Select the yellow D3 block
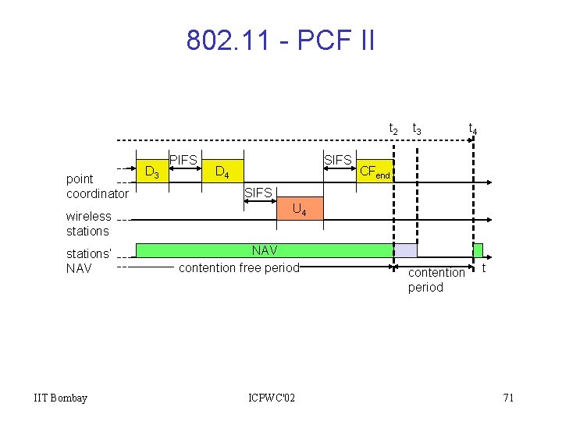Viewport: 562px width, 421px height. (153, 171)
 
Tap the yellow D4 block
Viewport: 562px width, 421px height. (222, 171)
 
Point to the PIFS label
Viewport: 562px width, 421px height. (183, 160)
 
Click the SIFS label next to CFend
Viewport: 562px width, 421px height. (338, 160)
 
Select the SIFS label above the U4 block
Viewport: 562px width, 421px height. (258, 193)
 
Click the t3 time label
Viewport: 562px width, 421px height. (417, 129)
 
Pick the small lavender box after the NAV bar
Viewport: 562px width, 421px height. (405, 250)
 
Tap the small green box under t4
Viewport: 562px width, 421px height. (478, 250)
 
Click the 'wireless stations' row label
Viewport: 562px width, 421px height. (88, 224)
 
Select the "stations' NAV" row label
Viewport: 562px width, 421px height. (88, 261)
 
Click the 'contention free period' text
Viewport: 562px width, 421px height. (239, 268)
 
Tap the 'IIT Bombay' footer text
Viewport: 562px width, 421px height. (61, 398)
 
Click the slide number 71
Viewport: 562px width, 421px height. (508, 398)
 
